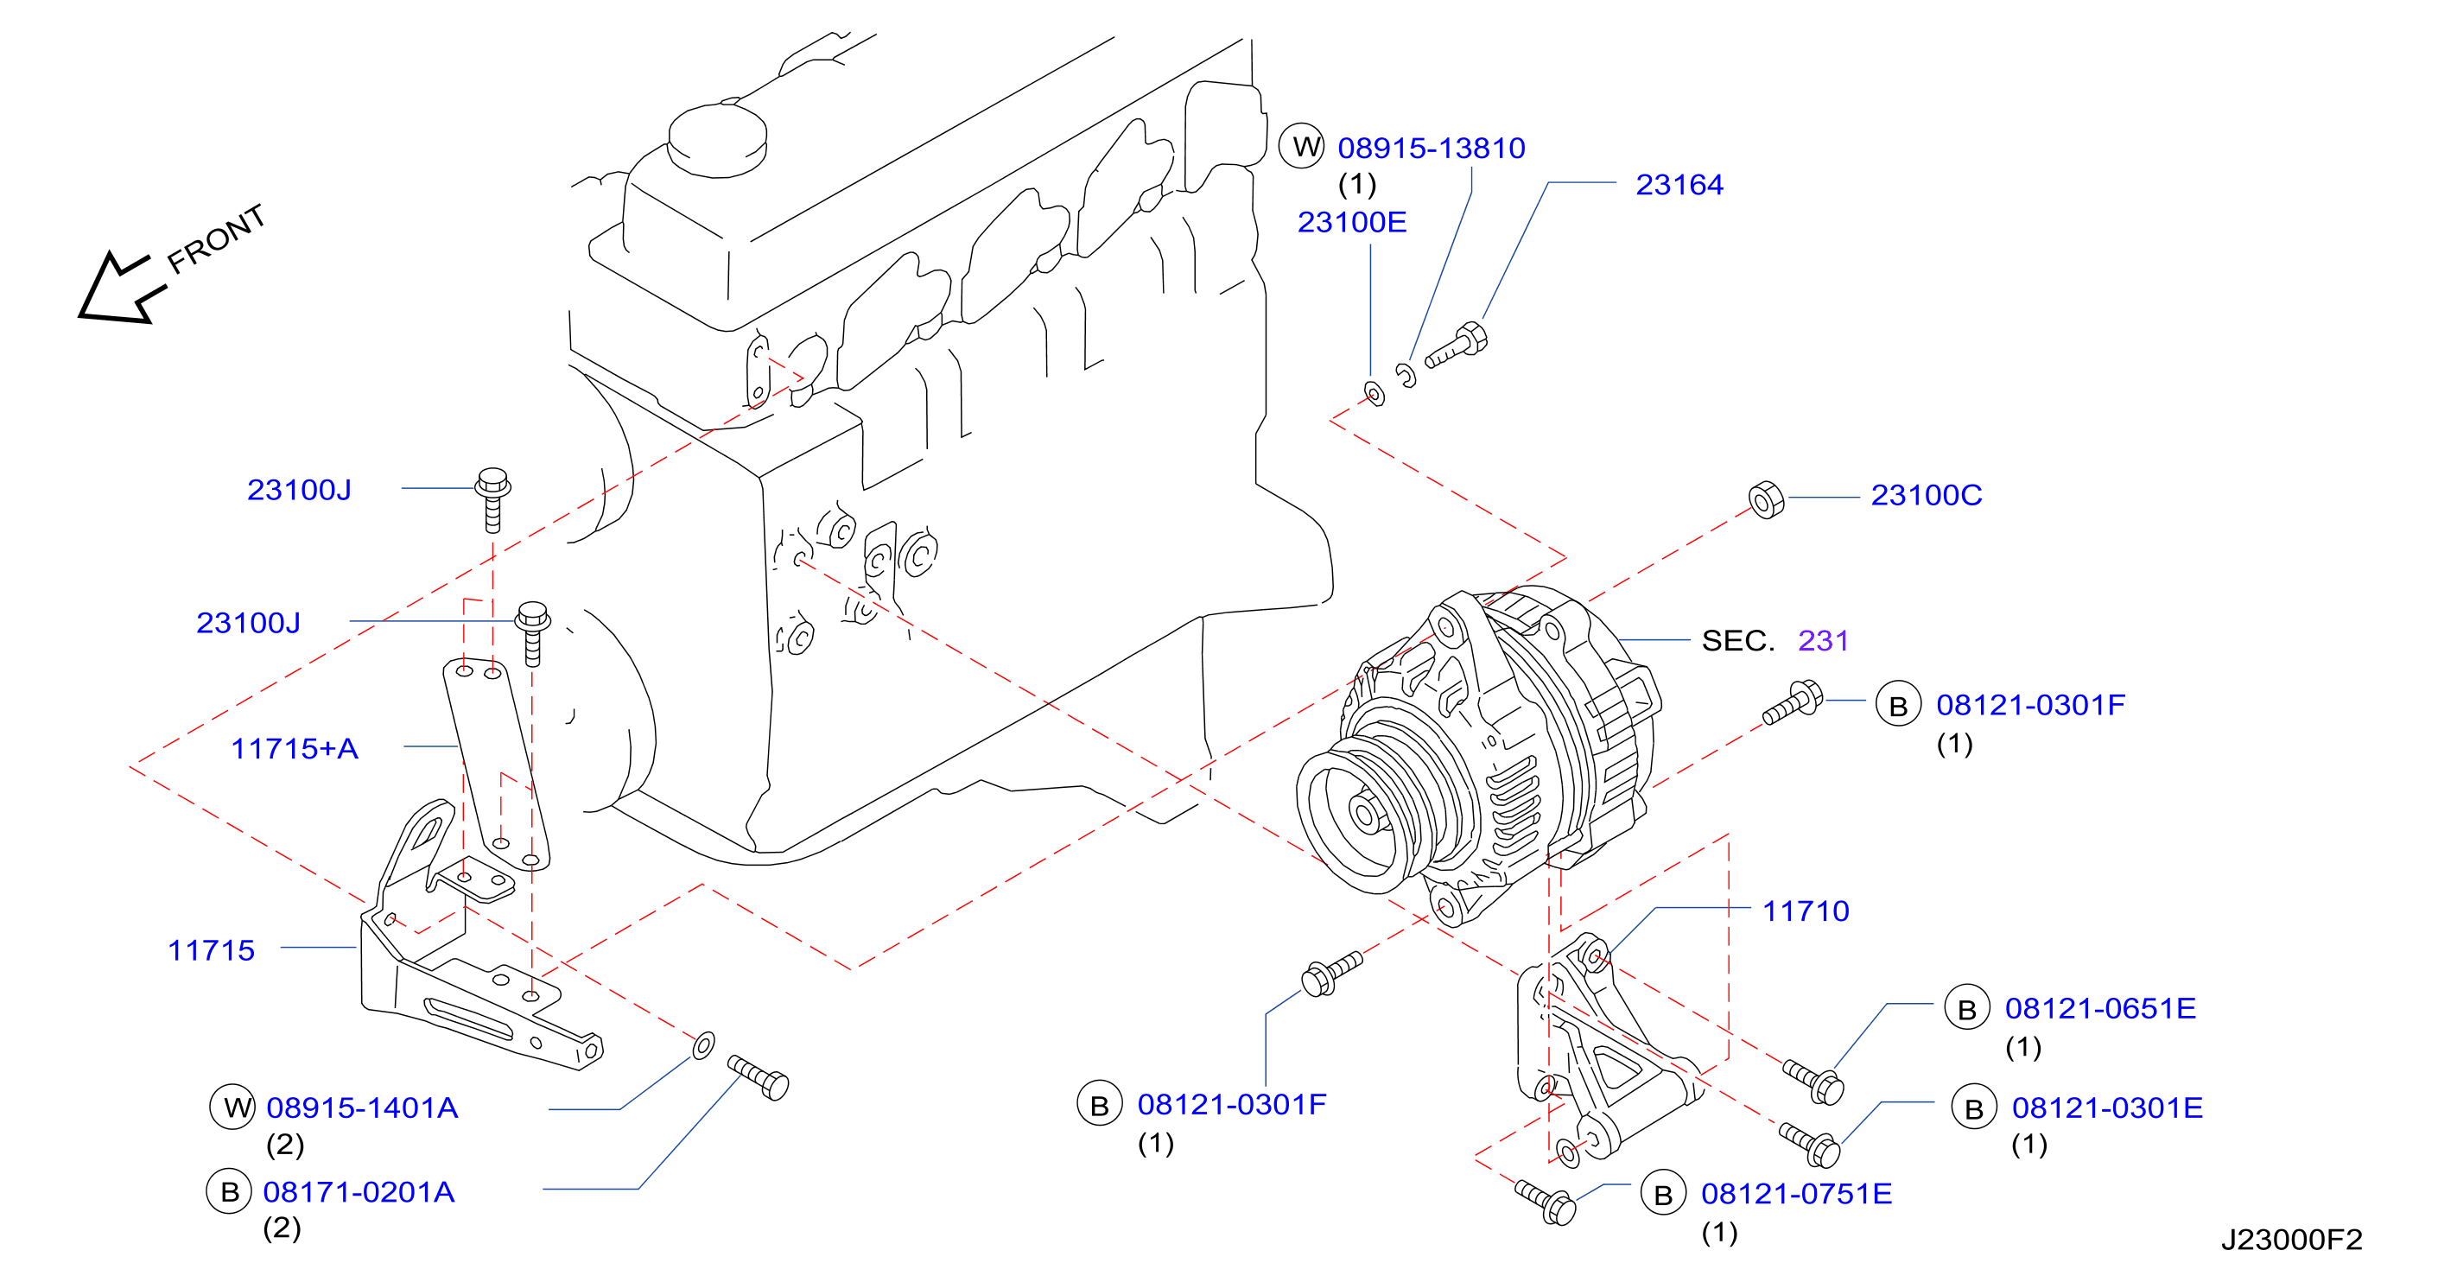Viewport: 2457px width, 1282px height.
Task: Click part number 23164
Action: pos(1679,184)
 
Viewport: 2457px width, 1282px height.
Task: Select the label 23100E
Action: pos(1351,222)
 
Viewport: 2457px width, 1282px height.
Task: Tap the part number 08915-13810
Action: pos(1431,148)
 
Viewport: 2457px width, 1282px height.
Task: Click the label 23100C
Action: pos(1926,495)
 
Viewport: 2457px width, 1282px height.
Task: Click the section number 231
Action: pos(1823,640)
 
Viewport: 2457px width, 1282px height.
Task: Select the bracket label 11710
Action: pos(1805,911)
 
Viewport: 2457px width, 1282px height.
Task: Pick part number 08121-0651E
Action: pos(2099,1008)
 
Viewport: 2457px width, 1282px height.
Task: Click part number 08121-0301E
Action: pos(2107,1107)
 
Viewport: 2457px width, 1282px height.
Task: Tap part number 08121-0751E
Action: pos(1796,1193)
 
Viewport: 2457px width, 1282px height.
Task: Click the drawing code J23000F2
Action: pos(2291,1239)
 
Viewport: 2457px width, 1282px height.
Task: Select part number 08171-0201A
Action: pos(359,1191)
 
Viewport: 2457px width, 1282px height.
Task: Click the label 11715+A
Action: pos(294,749)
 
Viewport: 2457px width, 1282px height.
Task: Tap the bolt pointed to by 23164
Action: pos(1456,346)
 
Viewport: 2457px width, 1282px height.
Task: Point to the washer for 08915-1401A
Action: pos(703,1045)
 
